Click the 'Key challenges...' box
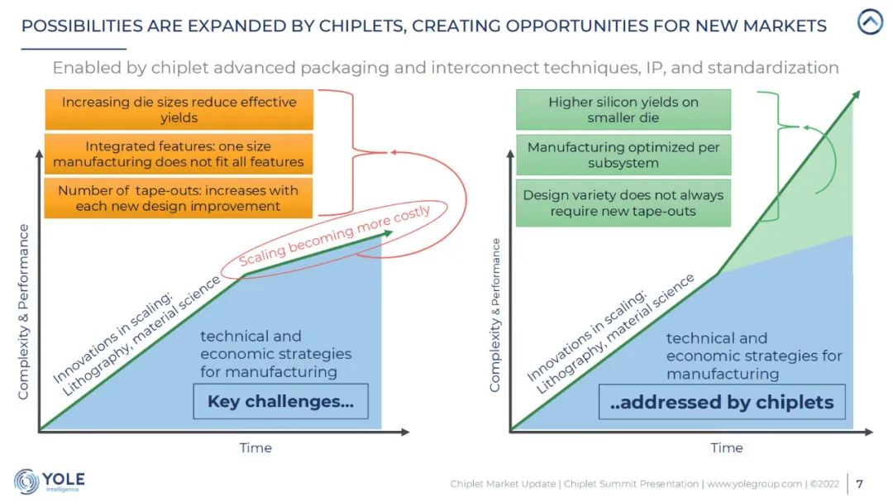pyautogui.click(x=280, y=401)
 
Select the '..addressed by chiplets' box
pyautogui.click(x=722, y=402)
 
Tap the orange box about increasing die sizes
pyautogui.click(x=179, y=109)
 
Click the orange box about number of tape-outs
pyautogui.click(x=179, y=198)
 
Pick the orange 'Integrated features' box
pyautogui.click(x=179, y=154)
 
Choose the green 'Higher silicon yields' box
pyautogui.click(x=623, y=109)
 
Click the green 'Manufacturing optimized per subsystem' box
pyautogui.click(x=623, y=155)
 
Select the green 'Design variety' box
pyautogui.click(x=623, y=203)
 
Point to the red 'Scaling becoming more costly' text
pyautogui.click(x=334, y=235)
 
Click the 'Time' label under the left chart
pyautogui.click(x=255, y=448)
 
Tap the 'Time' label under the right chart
pyautogui.click(x=726, y=448)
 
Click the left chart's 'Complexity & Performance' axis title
pyautogui.click(x=23, y=312)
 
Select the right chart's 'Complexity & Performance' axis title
pyautogui.click(x=494, y=315)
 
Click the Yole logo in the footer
pyautogui.click(x=50, y=481)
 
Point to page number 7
pyautogui.click(x=859, y=484)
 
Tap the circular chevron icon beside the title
pyautogui.click(x=870, y=22)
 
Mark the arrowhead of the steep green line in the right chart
pyautogui.click(x=856, y=94)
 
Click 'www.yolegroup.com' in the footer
pyautogui.click(x=754, y=484)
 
